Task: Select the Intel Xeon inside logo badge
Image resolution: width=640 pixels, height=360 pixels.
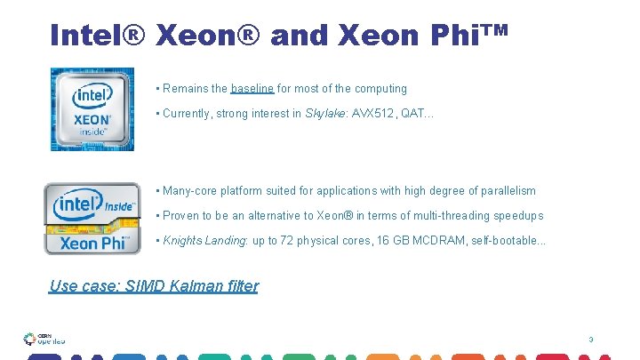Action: tap(92, 109)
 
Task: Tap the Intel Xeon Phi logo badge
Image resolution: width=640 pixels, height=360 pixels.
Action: tap(92, 219)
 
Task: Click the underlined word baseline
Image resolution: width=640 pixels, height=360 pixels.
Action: tap(252, 89)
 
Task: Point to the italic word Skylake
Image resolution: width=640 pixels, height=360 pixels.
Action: tap(323, 114)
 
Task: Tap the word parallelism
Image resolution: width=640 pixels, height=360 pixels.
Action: tap(506, 191)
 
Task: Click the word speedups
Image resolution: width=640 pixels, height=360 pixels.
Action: tap(518, 216)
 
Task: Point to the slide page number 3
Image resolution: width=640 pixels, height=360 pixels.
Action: tap(590, 340)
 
